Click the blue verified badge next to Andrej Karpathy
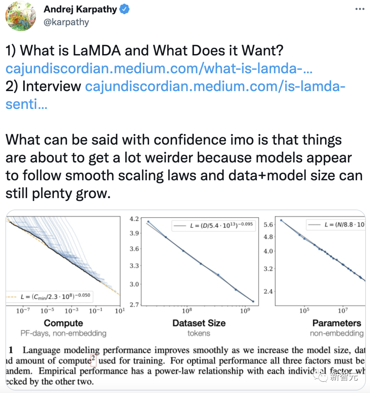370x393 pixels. pyautogui.click(x=124, y=10)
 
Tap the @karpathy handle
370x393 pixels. pyautogui.click(x=66, y=22)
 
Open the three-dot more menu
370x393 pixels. pyautogui.click(x=359, y=9)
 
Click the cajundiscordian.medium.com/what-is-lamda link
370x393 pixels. pyautogui.click(x=159, y=69)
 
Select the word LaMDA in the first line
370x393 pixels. pyautogui.click(x=97, y=51)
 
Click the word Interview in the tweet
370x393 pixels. pyautogui.click(x=51, y=86)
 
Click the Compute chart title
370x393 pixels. pyautogui.click(x=63, y=323)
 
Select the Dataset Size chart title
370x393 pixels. pyautogui.click(x=199, y=323)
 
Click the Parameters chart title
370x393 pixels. pyautogui.click(x=337, y=323)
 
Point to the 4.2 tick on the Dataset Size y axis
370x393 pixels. pyautogui.click(x=134, y=219)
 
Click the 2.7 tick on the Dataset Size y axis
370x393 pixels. pyautogui.click(x=134, y=304)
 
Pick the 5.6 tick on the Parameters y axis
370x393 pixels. pyautogui.click(x=268, y=225)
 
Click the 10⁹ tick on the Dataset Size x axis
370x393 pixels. pyautogui.click(x=244, y=311)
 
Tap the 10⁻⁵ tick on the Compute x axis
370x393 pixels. pyautogui.click(x=47, y=311)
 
